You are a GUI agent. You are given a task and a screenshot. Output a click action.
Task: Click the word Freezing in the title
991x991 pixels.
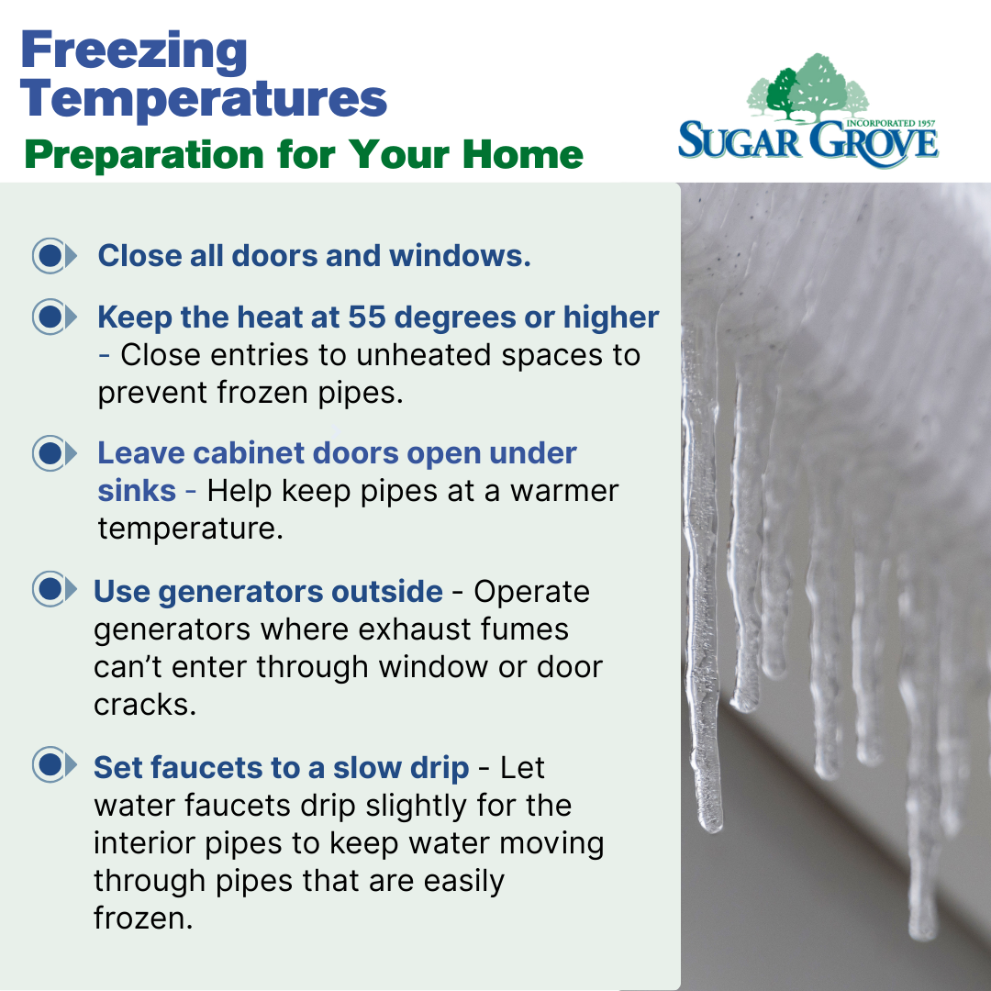[x=134, y=51]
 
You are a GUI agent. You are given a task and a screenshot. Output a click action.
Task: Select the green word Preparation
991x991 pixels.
[x=144, y=155]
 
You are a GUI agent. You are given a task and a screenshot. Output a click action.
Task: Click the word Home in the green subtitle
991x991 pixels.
[x=523, y=154]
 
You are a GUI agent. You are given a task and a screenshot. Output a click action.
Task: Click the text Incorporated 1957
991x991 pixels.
[x=890, y=123]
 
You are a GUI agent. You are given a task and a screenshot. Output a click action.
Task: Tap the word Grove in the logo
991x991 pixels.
[x=874, y=140]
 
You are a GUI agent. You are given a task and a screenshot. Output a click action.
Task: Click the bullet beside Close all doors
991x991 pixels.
[x=54, y=256]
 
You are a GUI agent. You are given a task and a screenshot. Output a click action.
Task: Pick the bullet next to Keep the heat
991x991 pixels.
[x=54, y=317]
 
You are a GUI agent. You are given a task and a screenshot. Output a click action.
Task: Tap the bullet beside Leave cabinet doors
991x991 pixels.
[x=54, y=453]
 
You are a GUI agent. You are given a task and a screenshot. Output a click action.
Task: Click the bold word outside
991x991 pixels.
[x=387, y=592]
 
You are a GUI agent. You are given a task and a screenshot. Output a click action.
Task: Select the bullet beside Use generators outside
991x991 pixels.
[x=54, y=589]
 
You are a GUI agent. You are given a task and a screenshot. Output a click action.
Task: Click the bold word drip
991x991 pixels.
[x=440, y=769]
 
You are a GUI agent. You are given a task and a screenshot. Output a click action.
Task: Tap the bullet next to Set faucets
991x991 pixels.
[x=54, y=764]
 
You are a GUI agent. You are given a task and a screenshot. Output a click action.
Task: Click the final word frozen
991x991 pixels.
[x=143, y=919]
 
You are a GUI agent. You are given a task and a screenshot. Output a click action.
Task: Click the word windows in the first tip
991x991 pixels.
[x=460, y=256]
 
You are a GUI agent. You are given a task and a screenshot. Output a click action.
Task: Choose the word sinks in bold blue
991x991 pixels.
[x=137, y=491]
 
